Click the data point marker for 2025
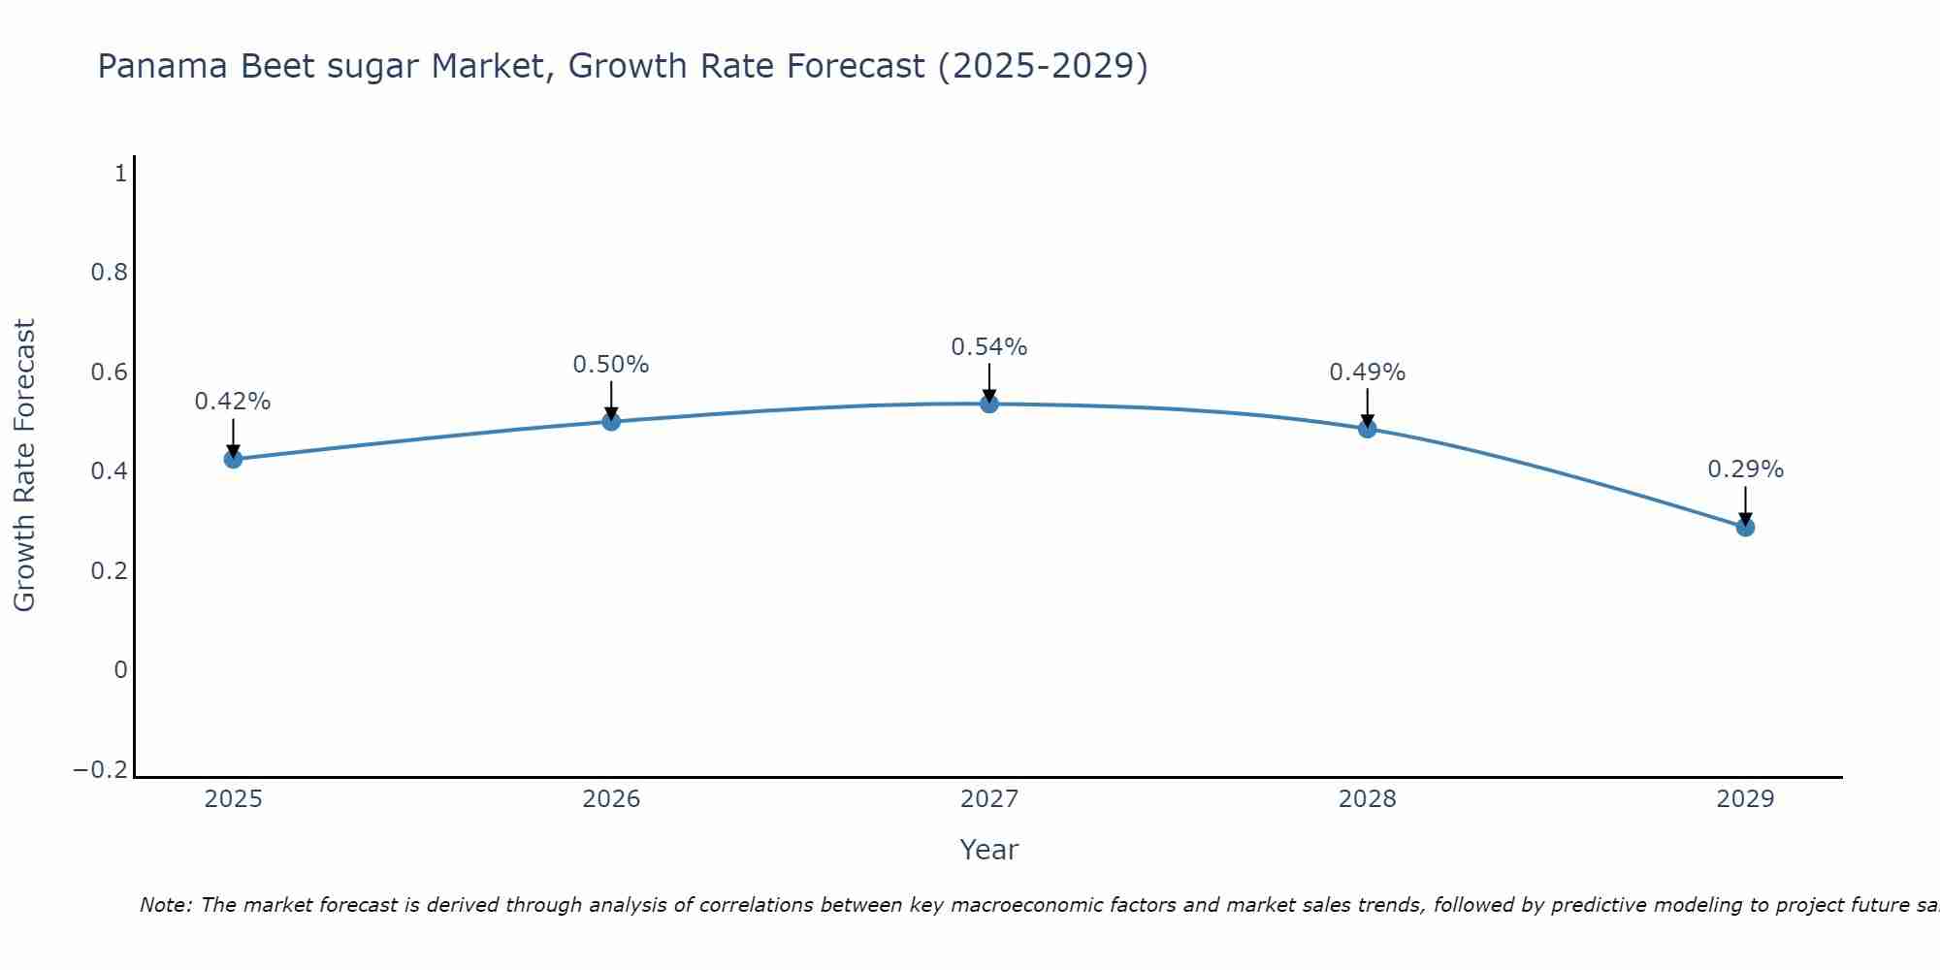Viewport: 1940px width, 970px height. point(233,459)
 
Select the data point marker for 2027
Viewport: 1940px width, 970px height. point(989,404)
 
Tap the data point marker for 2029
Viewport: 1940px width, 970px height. point(1745,527)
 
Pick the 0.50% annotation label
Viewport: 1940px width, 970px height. point(610,365)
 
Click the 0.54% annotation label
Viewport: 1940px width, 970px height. point(988,346)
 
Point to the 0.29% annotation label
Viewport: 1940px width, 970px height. point(1745,469)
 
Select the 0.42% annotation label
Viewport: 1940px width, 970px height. point(233,402)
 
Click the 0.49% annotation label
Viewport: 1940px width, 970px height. point(1367,372)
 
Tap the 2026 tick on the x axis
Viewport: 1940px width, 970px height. point(611,799)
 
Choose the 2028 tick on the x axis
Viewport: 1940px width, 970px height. point(1367,799)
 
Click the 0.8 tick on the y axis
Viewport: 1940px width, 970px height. point(109,273)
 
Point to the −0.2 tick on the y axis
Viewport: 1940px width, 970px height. point(100,769)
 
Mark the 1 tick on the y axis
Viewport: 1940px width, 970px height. point(120,174)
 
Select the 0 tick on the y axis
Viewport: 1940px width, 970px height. point(120,669)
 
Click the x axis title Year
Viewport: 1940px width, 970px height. point(988,850)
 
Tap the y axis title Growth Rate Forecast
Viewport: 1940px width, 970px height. point(24,465)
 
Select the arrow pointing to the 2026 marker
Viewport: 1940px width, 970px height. point(611,399)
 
